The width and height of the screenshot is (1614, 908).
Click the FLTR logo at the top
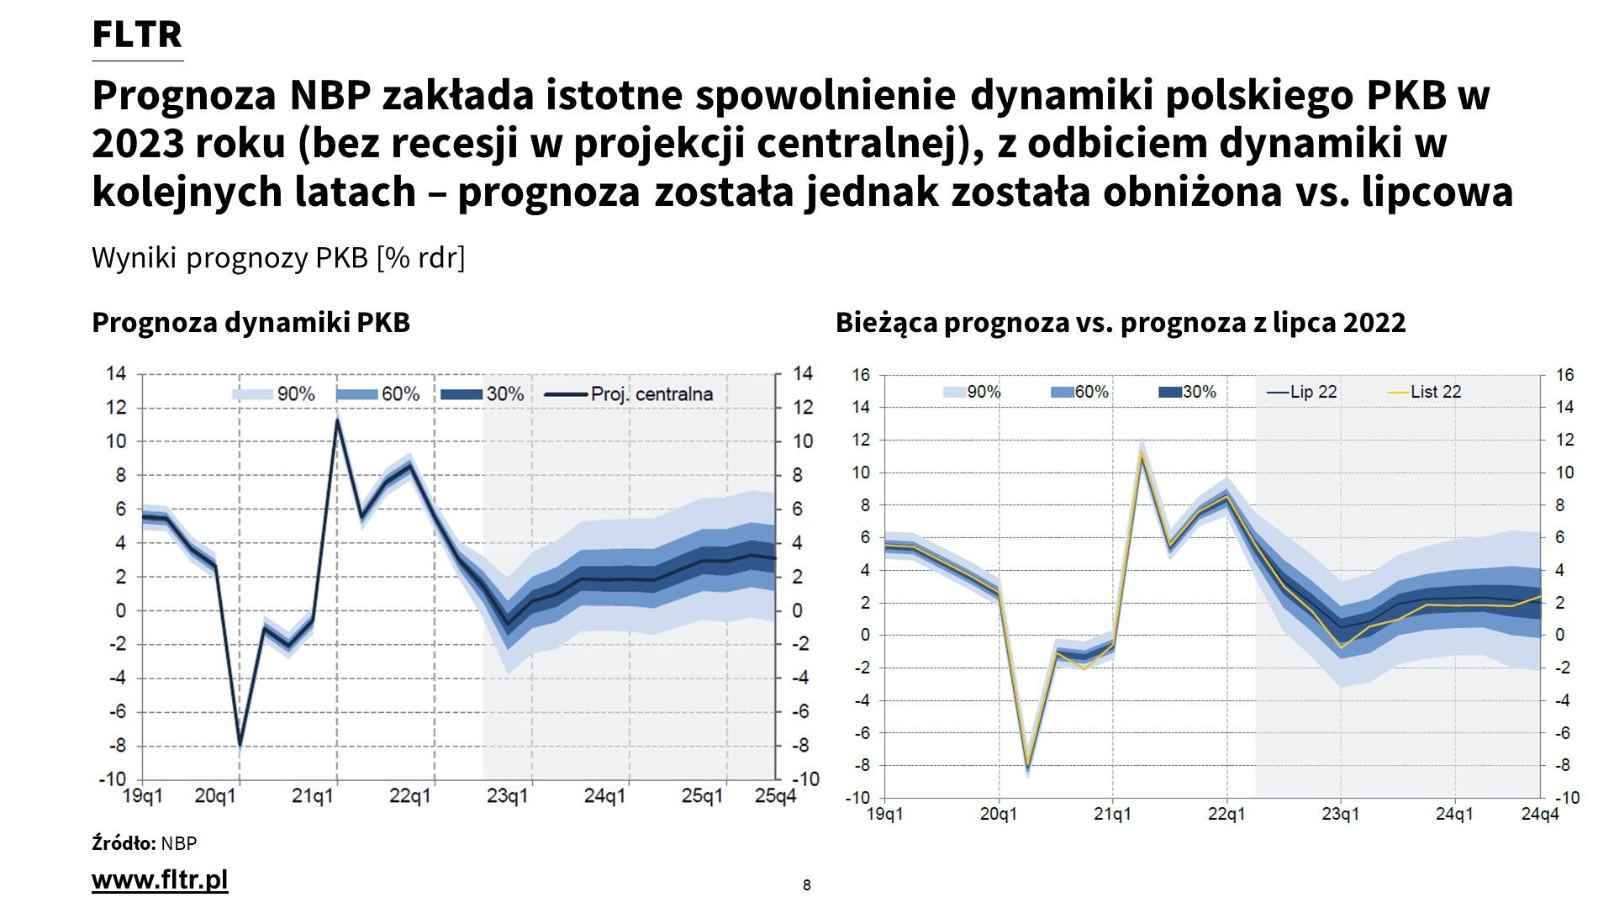click(137, 34)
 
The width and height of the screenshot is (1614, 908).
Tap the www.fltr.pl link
click(160, 879)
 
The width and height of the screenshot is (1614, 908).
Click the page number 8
click(807, 885)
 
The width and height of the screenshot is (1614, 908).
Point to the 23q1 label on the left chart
click(507, 795)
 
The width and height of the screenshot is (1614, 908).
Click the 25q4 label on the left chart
click(774, 795)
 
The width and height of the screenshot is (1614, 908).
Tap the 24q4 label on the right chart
click(1540, 814)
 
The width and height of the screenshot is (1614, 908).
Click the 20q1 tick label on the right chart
click(999, 814)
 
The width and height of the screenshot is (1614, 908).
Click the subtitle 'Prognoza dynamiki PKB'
click(251, 323)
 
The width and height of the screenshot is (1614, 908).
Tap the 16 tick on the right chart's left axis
click(861, 375)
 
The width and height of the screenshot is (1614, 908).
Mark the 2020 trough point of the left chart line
click(240, 745)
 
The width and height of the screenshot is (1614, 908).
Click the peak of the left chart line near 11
click(337, 420)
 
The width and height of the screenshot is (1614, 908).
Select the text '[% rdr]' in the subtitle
click(420, 257)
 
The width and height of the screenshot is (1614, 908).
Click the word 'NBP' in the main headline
click(330, 96)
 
